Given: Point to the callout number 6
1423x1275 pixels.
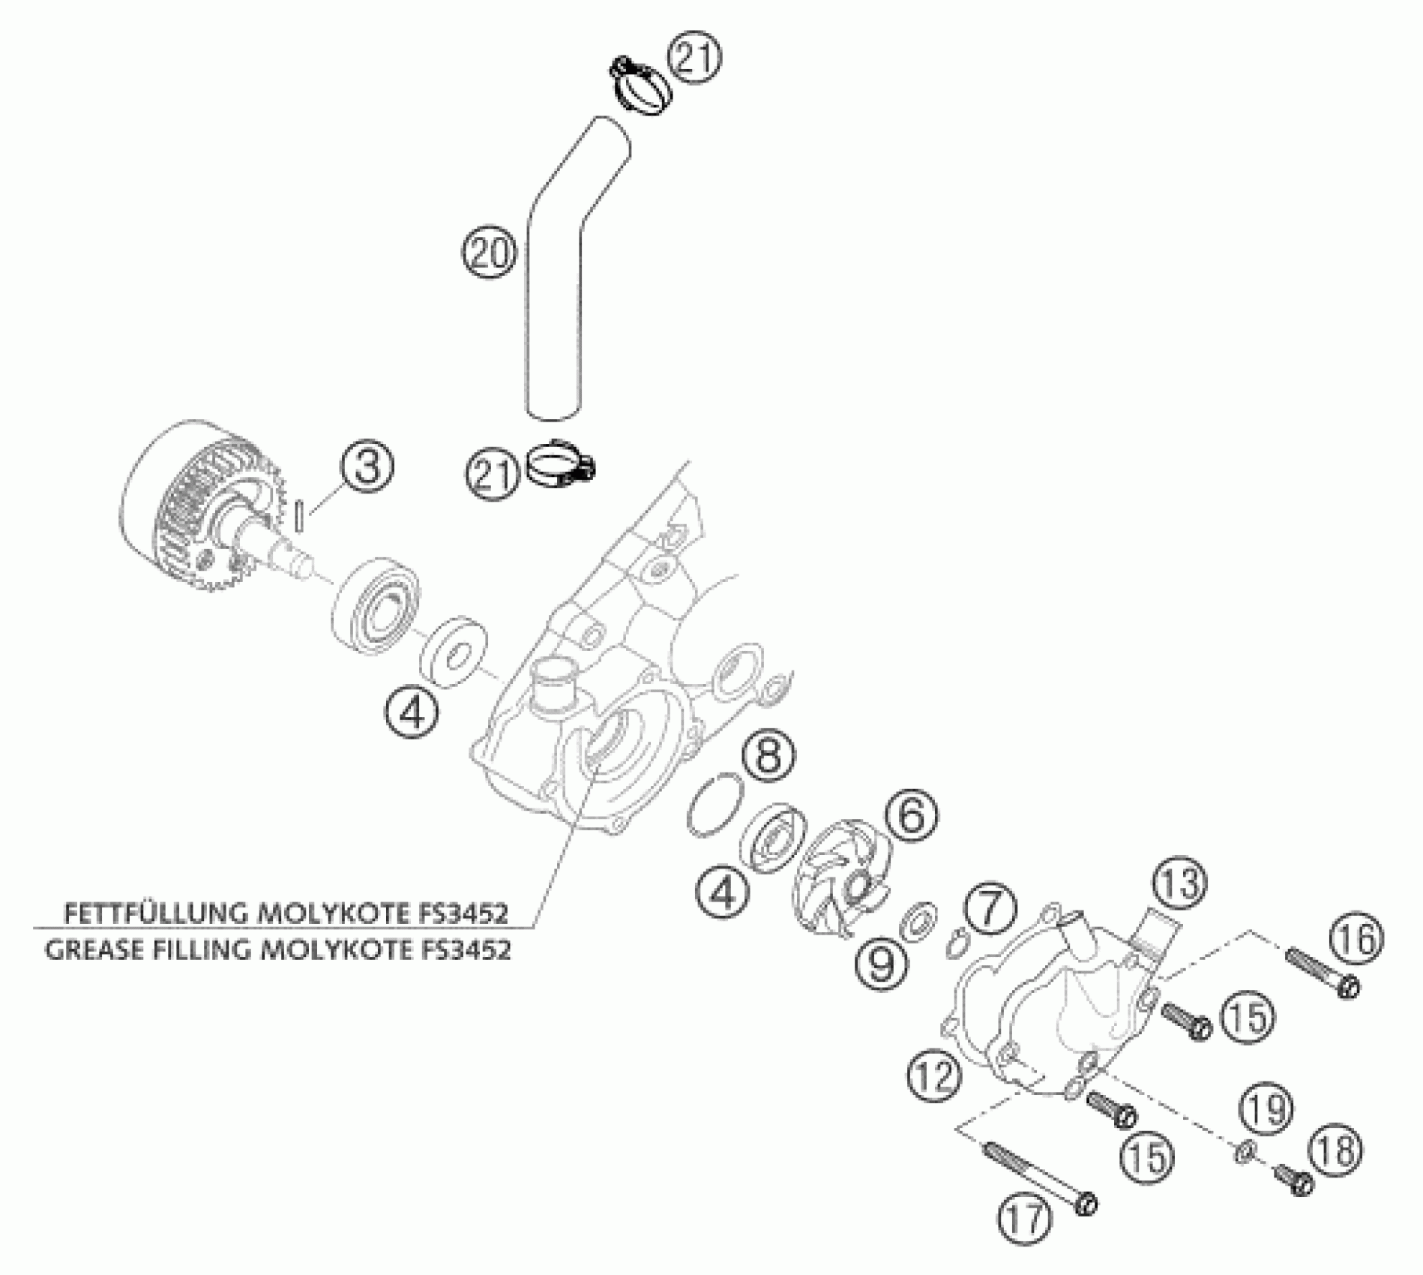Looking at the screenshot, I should (911, 816).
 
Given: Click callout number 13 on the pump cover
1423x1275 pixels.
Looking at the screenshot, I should (1179, 883).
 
